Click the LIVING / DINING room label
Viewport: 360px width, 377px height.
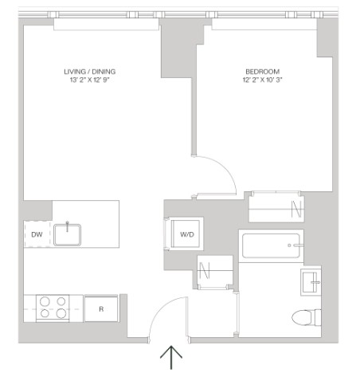tap(90, 72)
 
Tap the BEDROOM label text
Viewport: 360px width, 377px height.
tap(262, 72)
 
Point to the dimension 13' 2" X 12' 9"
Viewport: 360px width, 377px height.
tap(90, 80)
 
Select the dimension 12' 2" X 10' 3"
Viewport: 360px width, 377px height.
tap(262, 80)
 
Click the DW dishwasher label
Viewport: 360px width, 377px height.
tap(37, 234)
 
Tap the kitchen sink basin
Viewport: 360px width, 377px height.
tap(67, 235)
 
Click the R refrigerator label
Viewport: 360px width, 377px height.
tap(101, 309)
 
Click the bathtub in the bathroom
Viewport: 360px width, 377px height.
tap(271, 245)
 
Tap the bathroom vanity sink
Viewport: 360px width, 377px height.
tap(311, 282)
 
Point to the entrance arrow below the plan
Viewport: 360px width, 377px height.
tap(171, 357)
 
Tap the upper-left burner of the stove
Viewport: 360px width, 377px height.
tap(45, 301)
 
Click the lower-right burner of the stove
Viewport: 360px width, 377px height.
tap(61, 313)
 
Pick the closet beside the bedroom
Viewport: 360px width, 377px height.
tap(276, 206)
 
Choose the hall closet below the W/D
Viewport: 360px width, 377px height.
tap(215, 271)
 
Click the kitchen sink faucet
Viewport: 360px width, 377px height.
tap(67, 226)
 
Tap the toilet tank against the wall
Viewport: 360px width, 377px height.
tap(318, 317)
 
